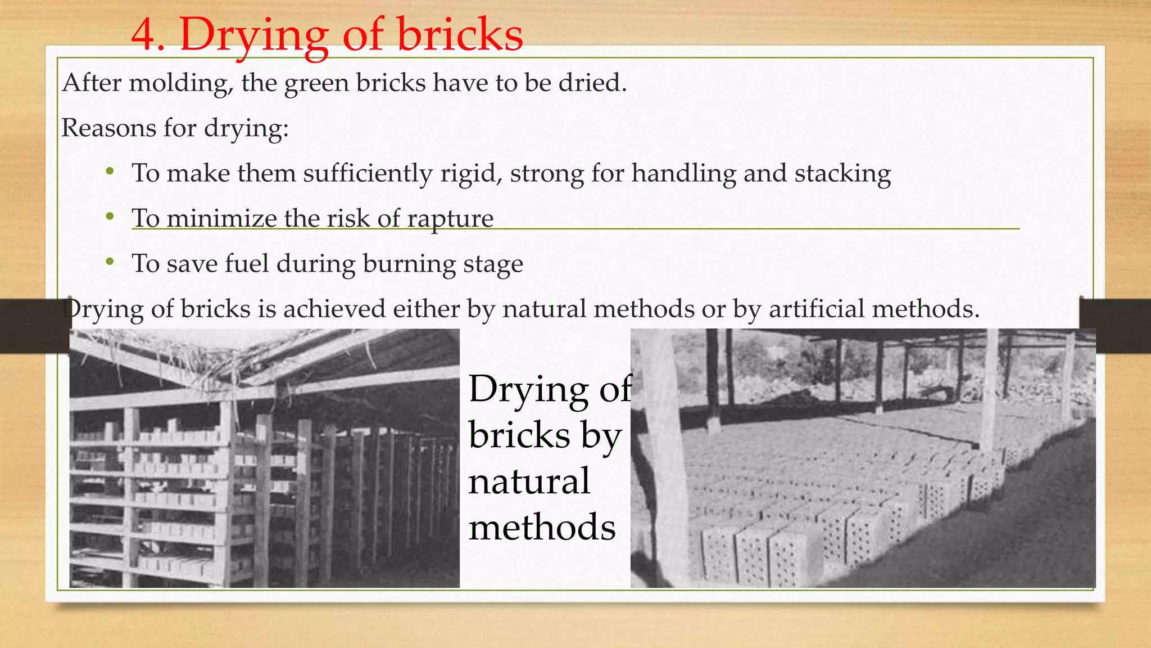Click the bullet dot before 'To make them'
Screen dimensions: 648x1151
coord(110,171)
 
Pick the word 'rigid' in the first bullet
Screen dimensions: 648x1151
coord(471,173)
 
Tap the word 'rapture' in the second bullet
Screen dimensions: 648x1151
coord(450,219)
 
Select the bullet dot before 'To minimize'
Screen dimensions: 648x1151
coord(110,217)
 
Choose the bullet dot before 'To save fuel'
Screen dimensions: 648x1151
coord(110,262)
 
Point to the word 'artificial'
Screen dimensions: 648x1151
coord(816,309)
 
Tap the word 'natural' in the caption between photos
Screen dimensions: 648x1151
coord(529,481)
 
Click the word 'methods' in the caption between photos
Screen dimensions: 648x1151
coord(542,528)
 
